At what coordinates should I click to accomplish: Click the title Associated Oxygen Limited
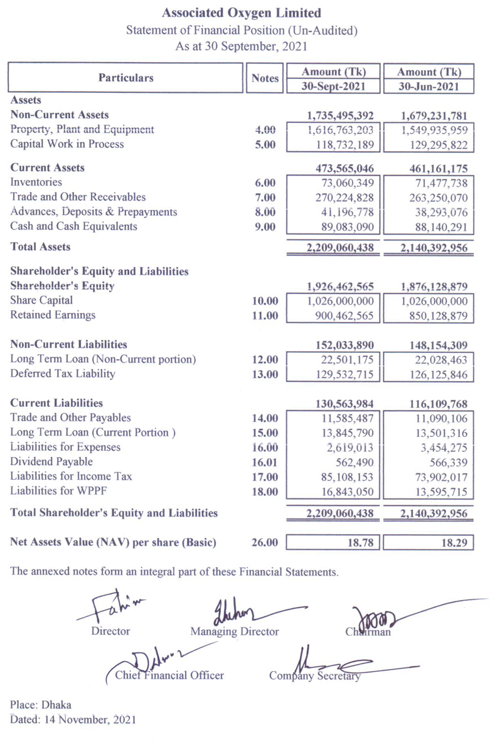[x=242, y=13]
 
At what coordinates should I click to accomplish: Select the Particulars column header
[x=125, y=78]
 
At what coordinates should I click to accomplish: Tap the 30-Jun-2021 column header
[x=429, y=87]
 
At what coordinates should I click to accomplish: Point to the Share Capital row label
[x=41, y=300]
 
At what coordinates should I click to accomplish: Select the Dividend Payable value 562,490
[x=357, y=462]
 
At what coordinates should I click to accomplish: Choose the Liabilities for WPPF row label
[x=62, y=490]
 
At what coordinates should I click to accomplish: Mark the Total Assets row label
[x=40, y=247]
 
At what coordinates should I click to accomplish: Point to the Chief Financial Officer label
[x=169, y=676]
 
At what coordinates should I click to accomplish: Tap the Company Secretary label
[x=314, y=676]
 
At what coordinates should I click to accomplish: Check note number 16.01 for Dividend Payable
[x=264, y=462]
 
